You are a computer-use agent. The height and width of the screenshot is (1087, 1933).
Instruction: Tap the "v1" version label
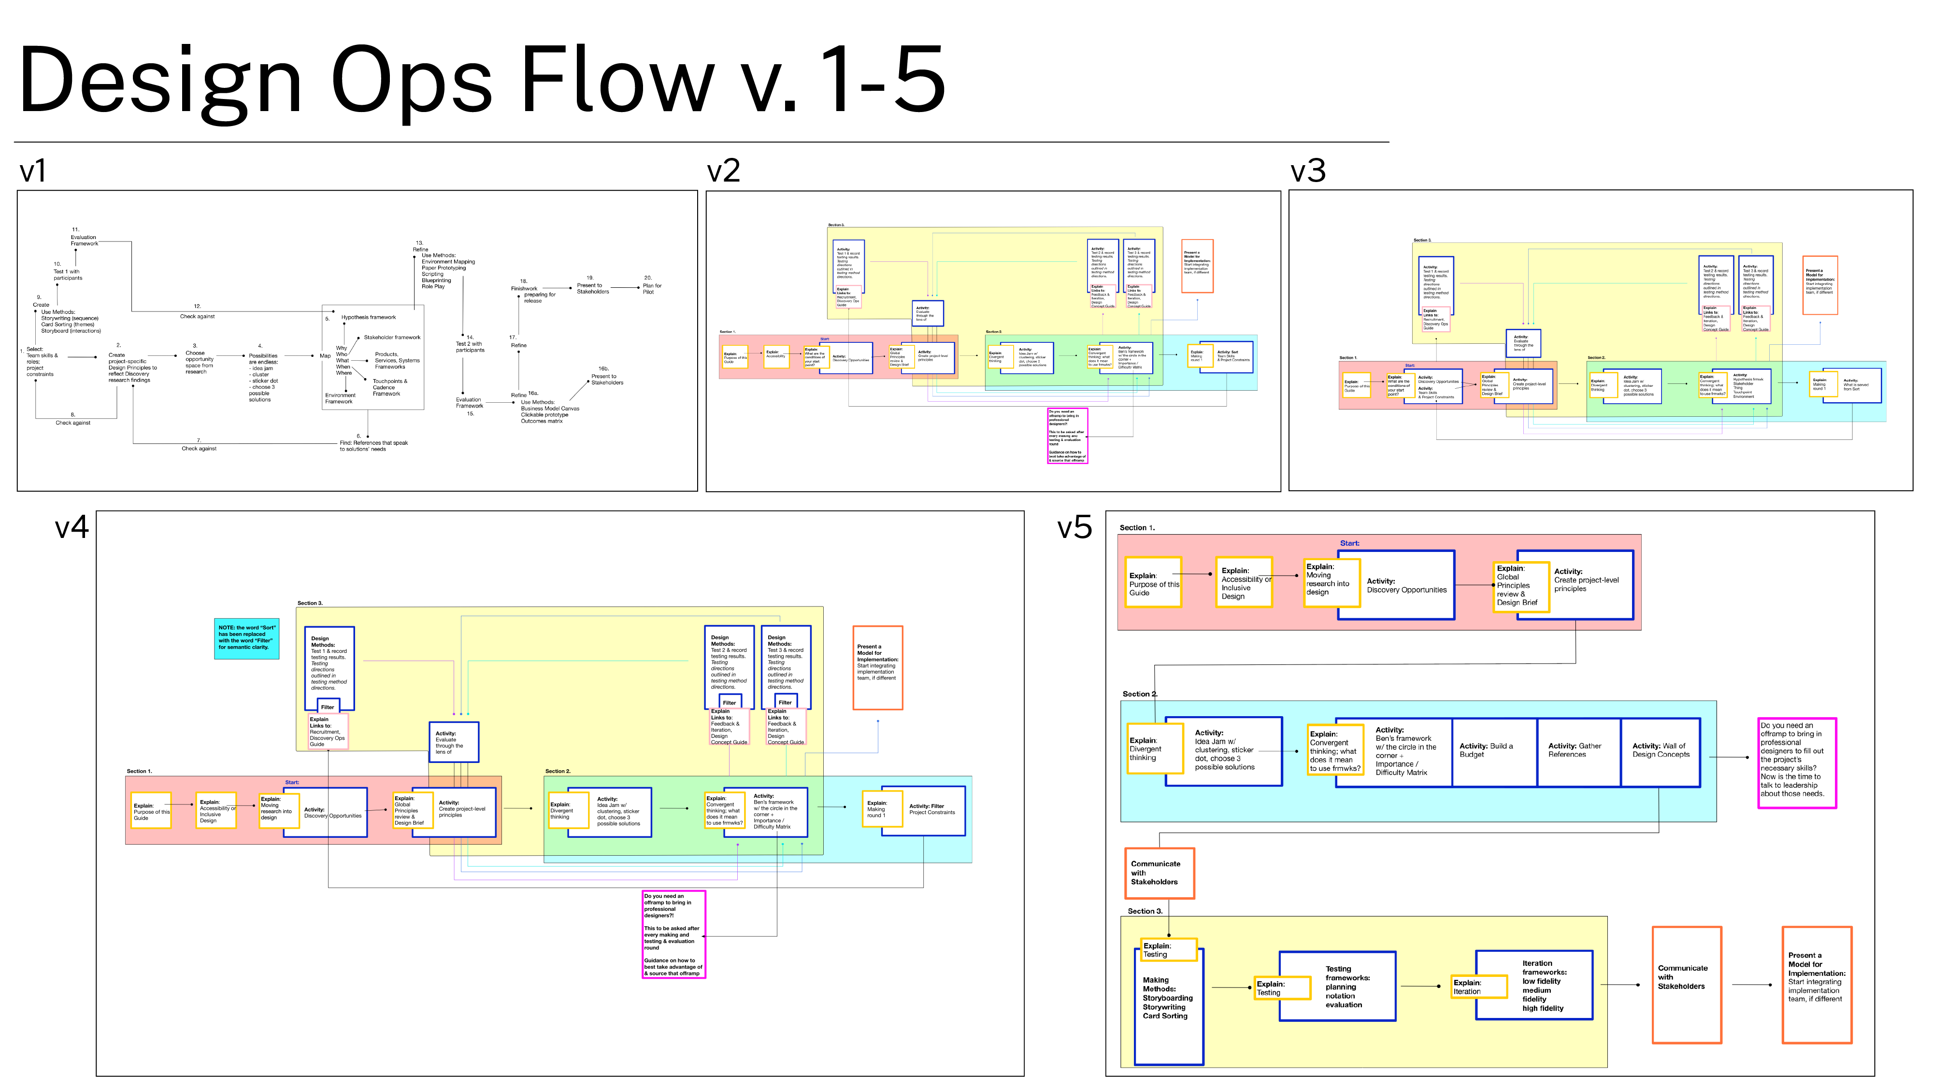point(33,171)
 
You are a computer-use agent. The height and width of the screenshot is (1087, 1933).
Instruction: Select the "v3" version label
point(1307,171)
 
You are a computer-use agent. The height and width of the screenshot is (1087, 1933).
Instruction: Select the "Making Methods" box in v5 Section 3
point(1168,1005)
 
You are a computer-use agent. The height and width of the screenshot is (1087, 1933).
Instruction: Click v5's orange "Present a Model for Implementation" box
point(1816,984)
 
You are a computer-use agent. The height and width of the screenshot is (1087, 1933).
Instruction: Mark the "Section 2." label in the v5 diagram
point(1139,694)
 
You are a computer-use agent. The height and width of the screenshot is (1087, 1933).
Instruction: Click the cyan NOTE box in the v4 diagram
point(246,637)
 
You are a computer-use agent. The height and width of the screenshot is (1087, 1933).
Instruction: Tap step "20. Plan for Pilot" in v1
point(651,285)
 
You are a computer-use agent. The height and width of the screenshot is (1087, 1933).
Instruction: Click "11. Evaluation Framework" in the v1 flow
point(83,238)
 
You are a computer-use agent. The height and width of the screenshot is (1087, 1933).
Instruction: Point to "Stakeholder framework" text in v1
point(392,338)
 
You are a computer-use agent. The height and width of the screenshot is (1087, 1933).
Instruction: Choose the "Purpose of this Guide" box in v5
point(1153,583)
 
